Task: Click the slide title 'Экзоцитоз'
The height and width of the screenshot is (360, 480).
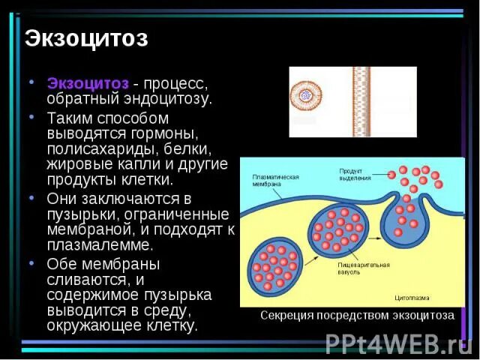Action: click(x=85, y=39)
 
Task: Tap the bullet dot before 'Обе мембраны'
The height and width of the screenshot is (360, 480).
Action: click(x=31, y=264)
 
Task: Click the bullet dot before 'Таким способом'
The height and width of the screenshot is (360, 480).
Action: click(x=31, y=118)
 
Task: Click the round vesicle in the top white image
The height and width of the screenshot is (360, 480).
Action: click(x=305, y=96)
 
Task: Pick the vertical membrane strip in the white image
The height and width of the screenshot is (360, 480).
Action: click(x=361, y=100)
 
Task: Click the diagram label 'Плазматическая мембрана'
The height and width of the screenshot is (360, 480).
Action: click(x=275, y=181)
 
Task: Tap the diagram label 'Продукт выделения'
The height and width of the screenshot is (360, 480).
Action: click(x=355, y=174)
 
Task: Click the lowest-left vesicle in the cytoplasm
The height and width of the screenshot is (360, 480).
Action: click(x=274, y=267)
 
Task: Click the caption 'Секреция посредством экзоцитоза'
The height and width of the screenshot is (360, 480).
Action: click(x=357, y=316)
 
